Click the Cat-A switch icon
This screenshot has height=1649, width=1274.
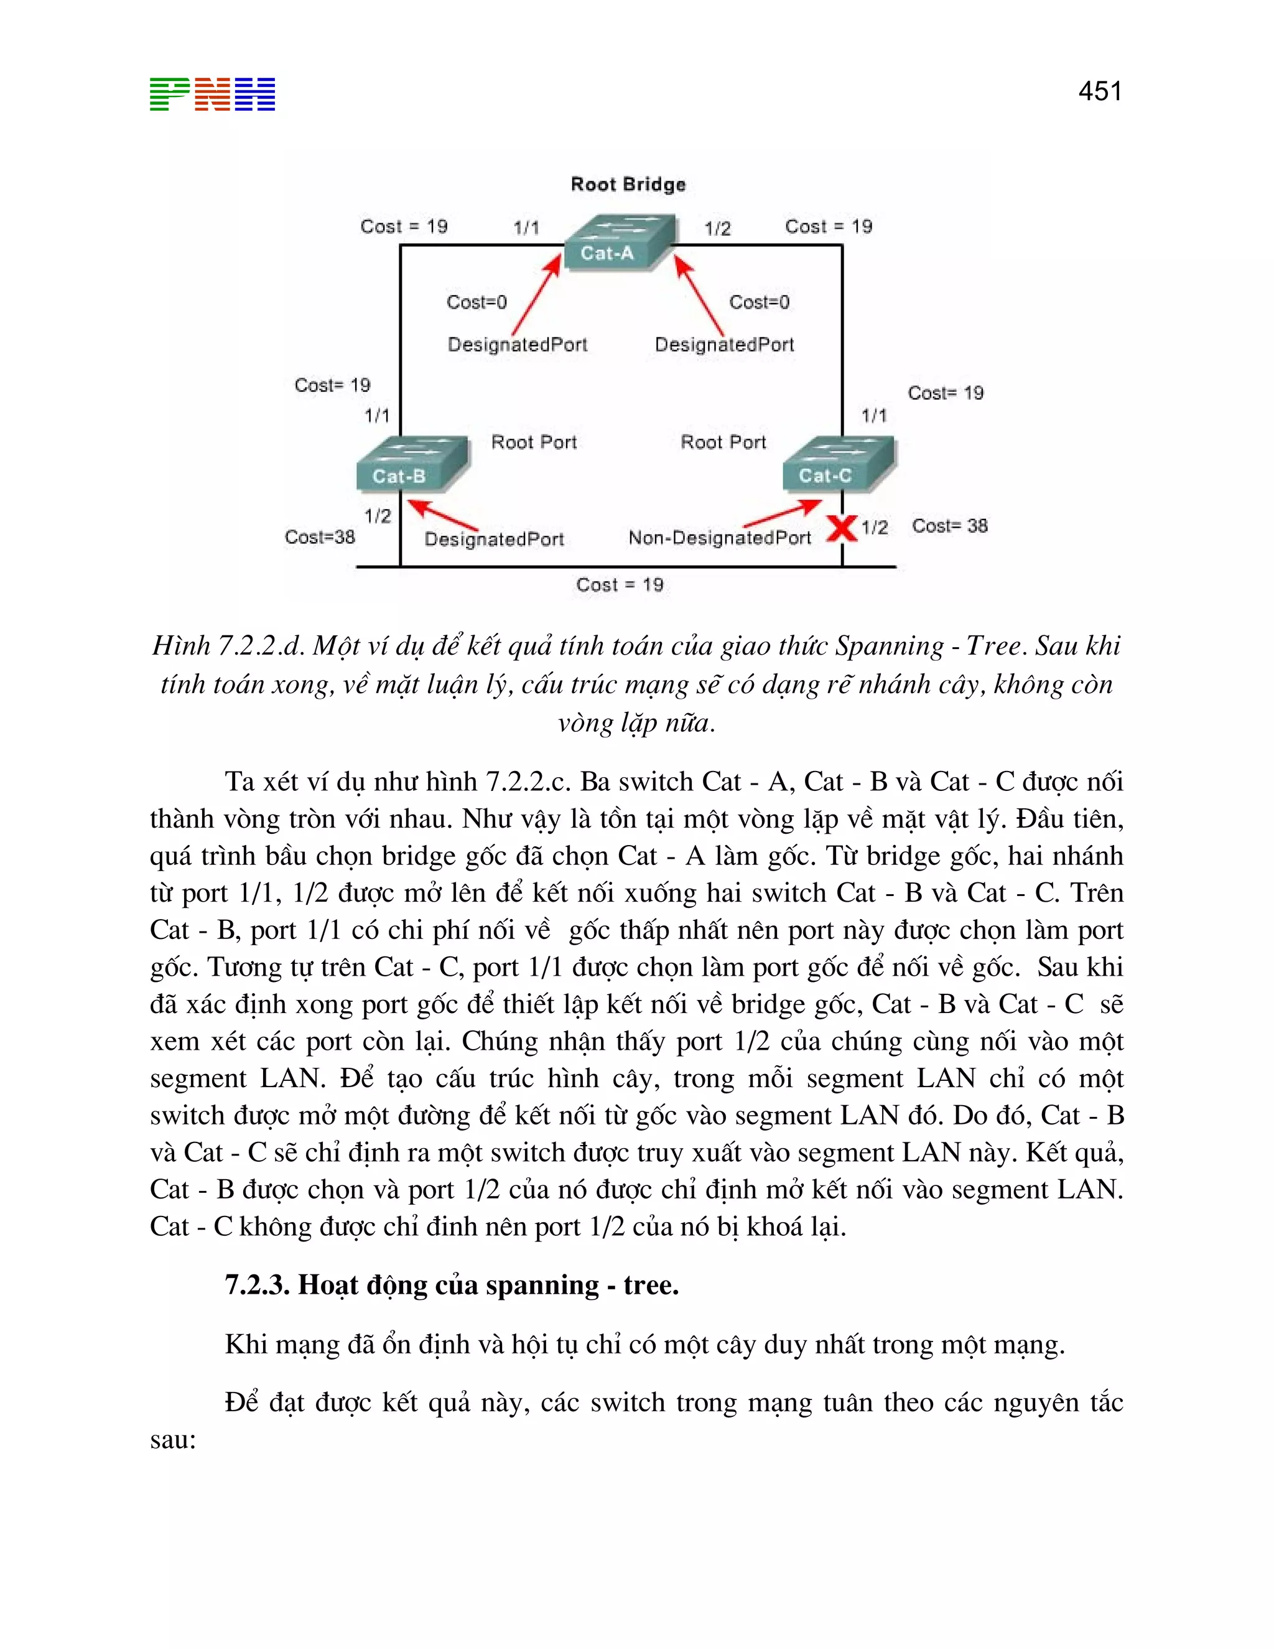[618, 242]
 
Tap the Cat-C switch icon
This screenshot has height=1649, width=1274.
[838, 463]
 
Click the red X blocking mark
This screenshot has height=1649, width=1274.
[842, 528]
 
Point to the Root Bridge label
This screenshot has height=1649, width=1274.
[628, 184]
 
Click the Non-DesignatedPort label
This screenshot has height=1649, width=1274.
[719, 538]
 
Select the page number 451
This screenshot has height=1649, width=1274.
[1100, 91]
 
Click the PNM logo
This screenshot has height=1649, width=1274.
[212, 95]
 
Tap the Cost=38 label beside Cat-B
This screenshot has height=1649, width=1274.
[319, 537]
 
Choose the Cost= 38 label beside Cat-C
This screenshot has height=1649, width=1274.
[949, 526]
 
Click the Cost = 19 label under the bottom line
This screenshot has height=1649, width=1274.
[620, 584]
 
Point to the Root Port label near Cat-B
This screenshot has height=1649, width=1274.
[534, 442]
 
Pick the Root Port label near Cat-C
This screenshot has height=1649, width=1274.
[723, 442]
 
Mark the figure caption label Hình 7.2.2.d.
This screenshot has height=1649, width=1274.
[227, 645]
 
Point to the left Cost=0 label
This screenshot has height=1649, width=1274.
[477, 302]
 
